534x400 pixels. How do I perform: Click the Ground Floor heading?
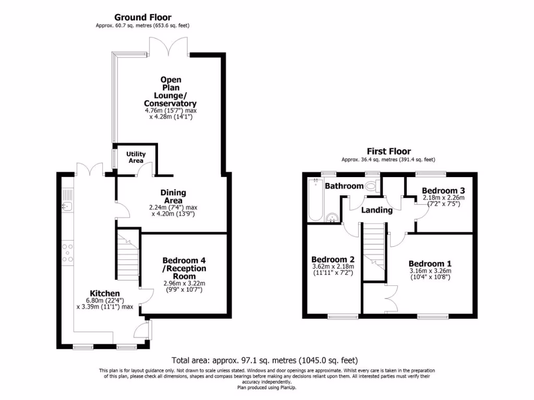143,17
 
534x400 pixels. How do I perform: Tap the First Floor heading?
389,152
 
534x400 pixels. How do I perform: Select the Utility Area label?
136,157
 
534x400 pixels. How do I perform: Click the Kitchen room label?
104,293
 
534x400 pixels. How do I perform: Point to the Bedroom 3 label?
443,191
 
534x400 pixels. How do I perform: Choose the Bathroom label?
344,186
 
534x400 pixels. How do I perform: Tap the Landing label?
377,210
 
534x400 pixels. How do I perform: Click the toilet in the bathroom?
372,186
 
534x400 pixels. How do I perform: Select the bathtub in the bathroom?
315,199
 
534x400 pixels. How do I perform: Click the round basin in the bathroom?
331,217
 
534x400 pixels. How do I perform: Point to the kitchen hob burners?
67,253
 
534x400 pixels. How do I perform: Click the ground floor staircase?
128,254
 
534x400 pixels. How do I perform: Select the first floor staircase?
374,252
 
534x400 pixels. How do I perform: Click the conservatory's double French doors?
168,46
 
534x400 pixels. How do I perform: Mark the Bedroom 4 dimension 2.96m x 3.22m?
184,283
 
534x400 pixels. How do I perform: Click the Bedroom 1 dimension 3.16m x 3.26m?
430,271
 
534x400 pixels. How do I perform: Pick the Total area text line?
264,360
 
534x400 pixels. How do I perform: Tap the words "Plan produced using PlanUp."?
266,387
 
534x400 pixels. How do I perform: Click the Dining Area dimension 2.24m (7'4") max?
173,207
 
